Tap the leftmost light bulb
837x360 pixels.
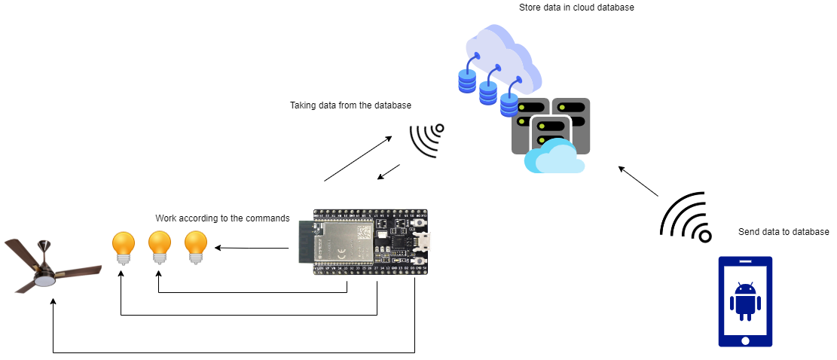pyautogui.click(x=123, y=246)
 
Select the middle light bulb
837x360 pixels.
pyautogui.click(x=159, y=246)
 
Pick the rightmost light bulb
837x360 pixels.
pyautogui.click(x=196, y=246)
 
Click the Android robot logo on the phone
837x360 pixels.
pyautogui.click(x=745, y=301)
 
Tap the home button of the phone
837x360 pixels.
pyautogui.click(x=745, y=340)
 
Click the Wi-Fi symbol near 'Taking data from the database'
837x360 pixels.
pyautogui.click(x=427, y=139)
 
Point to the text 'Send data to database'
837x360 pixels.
pyautogui.click(x=784, y=232)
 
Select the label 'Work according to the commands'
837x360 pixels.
pyautogui.click(x=222, y=218)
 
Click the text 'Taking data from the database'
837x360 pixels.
pyautogui.click(x=350, y=105)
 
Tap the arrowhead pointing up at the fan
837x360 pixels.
pyautogui.click(x=53, y=302)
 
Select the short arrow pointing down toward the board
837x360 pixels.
pyautogui.click(x=389, y=172)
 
